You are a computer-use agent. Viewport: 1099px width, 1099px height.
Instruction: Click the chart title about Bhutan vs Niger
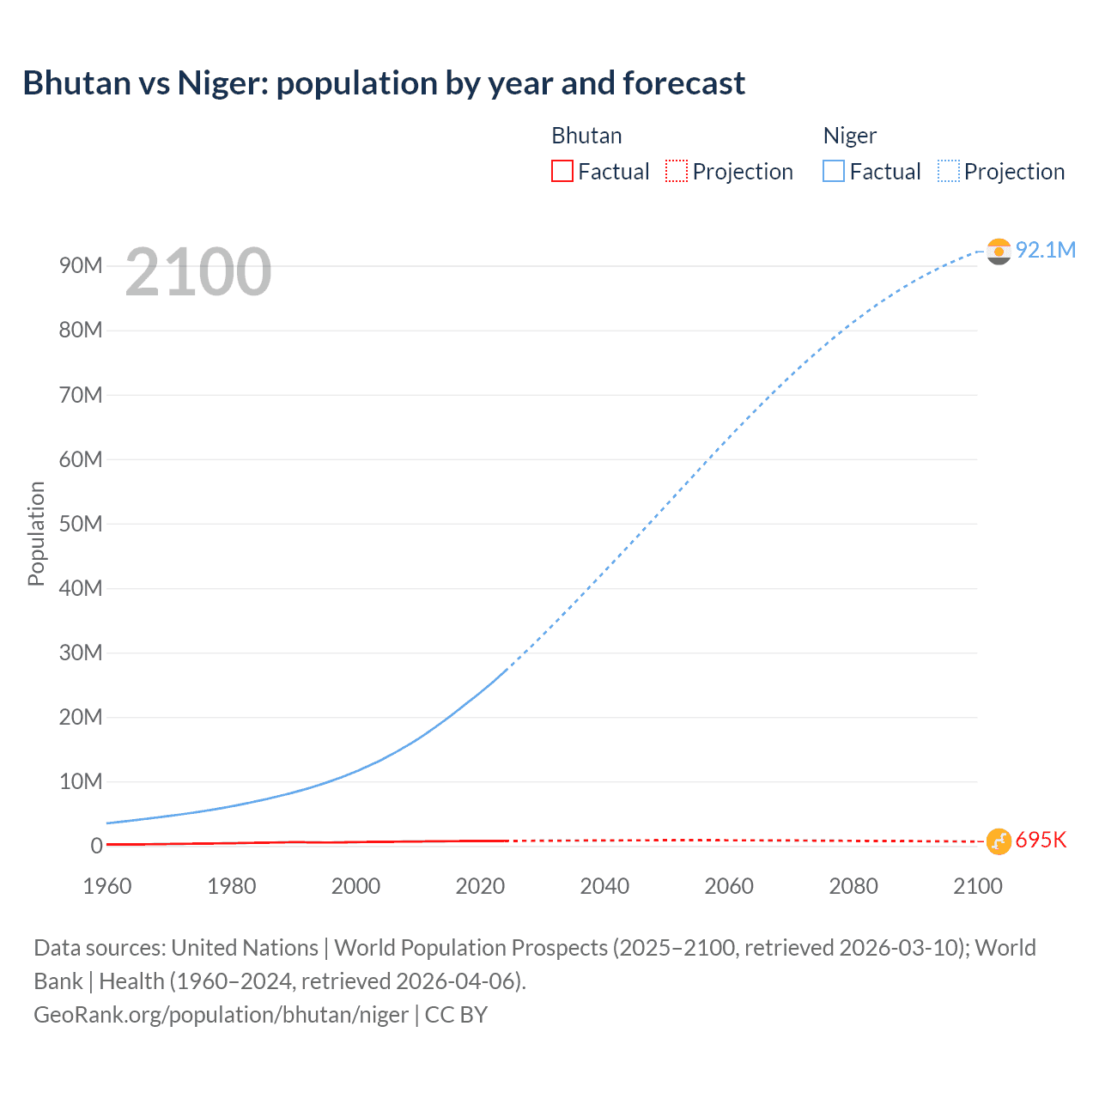[384, 83]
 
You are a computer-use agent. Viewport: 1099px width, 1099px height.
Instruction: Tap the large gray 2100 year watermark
[198, 272]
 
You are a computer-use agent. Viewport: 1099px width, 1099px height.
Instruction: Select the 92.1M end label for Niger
[1045, 250]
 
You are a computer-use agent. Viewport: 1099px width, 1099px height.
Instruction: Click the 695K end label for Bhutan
[1041, 841]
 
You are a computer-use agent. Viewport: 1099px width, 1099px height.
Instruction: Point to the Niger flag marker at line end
[999, 251]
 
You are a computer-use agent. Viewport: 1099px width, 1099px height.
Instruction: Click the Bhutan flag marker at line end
[999, 841]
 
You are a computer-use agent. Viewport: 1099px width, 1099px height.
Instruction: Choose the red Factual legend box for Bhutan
[562, 172]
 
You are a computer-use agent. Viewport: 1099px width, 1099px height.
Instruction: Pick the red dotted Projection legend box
[677, 172]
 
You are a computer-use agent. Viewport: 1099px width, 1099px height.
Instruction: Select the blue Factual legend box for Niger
[834, 172]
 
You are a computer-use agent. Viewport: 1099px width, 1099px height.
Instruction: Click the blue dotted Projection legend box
[949, 172]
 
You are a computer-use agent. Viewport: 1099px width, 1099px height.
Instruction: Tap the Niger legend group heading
[849, 136]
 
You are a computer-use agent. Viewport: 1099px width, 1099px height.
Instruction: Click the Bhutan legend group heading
[586, 136]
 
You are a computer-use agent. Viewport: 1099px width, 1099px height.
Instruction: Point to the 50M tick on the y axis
[81, 524]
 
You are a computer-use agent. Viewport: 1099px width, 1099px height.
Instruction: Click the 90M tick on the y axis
[81, 266]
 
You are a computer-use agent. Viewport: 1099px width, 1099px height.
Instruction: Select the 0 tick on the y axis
[96, 846]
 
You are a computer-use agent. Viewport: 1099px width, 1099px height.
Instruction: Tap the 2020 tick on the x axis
[480, 886]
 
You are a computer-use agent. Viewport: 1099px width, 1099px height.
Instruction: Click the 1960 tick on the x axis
[107, 886]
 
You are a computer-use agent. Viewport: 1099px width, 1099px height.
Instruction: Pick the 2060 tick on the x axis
[729, 886]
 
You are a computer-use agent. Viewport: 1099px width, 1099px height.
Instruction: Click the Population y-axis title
[36, 533]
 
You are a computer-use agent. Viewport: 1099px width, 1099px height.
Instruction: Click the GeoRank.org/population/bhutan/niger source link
[221, 1015]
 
